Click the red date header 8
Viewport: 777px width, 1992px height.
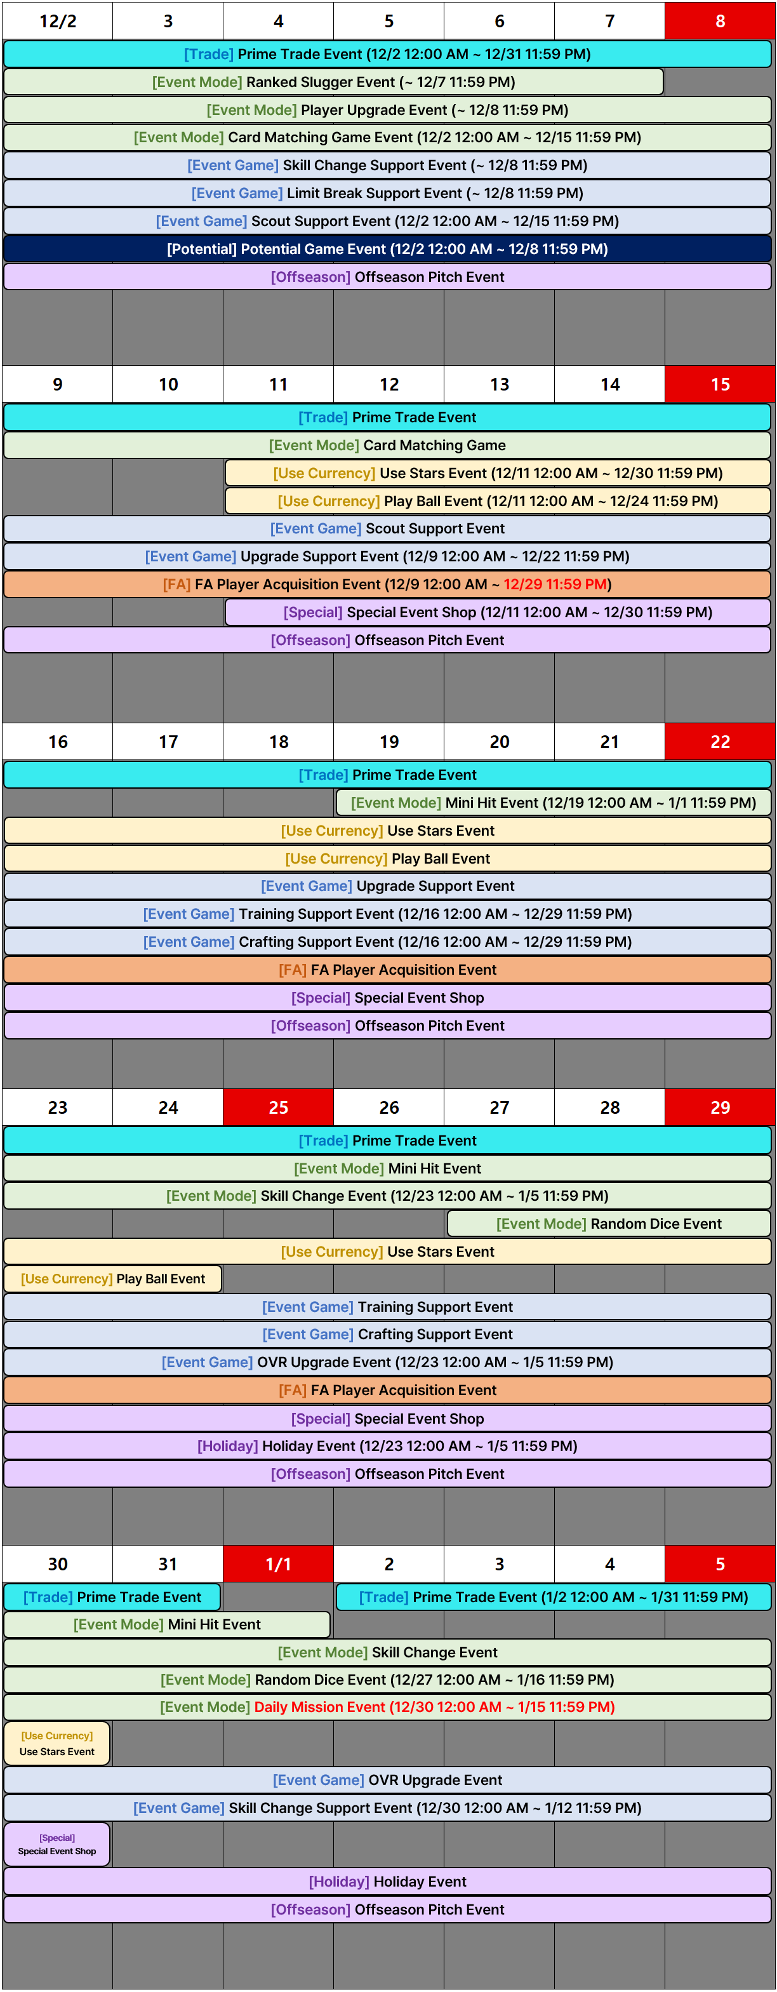point(720,21)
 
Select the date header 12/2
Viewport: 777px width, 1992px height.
point(57,21)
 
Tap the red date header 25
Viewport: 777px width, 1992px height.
point(278,1107)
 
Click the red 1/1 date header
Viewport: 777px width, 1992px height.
point(278,1563)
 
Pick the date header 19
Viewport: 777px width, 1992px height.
point(389,742)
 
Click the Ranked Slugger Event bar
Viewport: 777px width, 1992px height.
point(333,82)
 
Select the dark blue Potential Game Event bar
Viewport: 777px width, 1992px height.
point(387,249)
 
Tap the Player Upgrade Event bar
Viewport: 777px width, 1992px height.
point(387,110)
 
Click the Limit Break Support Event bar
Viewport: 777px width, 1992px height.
point(387,193)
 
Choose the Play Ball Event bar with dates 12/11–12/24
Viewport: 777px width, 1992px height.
point(498,501)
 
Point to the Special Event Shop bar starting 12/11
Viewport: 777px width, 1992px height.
point(498,612)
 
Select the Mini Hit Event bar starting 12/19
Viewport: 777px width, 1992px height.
point(554,803)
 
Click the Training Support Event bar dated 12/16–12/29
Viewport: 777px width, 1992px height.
point(387,914)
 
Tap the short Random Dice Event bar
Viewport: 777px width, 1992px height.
point(608,1224)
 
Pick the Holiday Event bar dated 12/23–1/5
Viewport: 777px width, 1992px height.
point(387,1446)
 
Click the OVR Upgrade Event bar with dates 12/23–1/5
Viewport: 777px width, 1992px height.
point(387,1363)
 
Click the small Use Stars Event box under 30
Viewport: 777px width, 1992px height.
point(57,1744)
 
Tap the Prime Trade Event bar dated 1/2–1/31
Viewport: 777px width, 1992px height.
point(554,1597)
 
